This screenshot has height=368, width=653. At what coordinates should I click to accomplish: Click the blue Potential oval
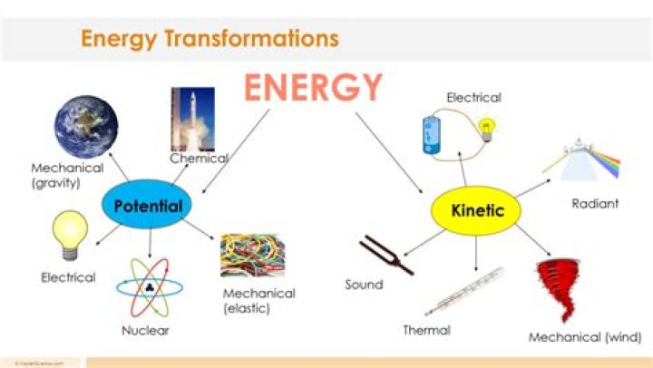tap(148, 206)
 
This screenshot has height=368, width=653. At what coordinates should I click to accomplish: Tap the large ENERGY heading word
tap(313, 88)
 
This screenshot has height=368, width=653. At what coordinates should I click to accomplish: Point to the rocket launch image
tap(191, 119)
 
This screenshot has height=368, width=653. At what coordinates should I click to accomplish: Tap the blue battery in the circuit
tap(429, 134)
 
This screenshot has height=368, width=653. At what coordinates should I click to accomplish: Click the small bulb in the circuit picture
tap(488, 129)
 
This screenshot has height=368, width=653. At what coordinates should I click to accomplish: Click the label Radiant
tap(595, 204)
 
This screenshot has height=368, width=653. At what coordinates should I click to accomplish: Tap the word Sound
tap(364, 285)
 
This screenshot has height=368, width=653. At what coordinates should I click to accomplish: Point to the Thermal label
tap(426, 330)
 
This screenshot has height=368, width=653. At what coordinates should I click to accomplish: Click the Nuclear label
tap(145, 330)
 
